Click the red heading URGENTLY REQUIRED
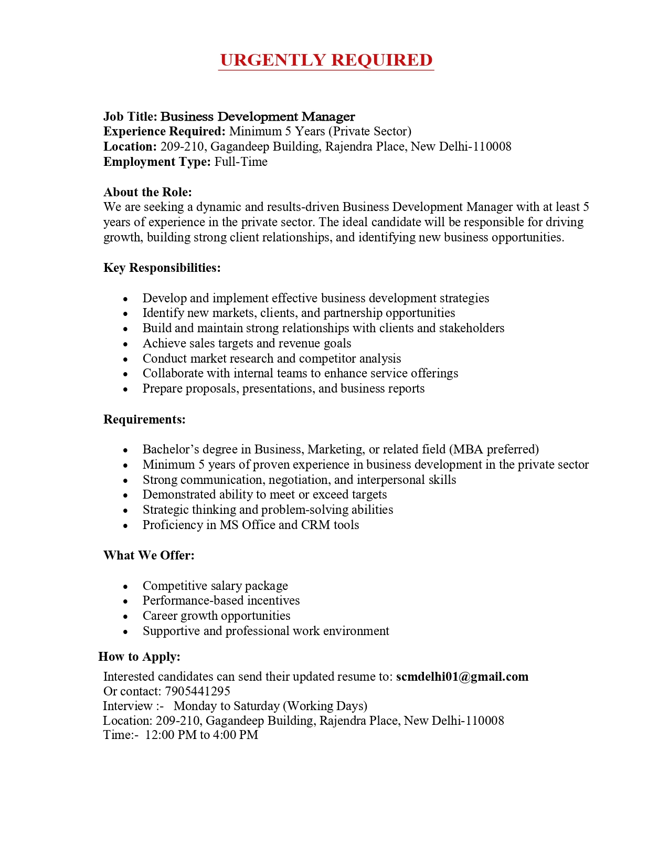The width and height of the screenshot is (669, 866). tap(326, 60)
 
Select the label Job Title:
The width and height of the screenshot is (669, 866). tap(130, 117)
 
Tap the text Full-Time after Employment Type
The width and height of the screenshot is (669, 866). tap(241, 162)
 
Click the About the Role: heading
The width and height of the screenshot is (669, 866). tap(147, 192)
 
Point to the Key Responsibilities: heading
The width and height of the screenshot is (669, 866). tap(162, 268)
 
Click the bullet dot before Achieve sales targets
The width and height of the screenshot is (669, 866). tap(125, 344)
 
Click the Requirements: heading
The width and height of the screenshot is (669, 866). tap(144, 419)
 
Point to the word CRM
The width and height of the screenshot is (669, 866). tap(315, 525)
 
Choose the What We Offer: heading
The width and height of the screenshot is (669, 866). tap(148, 555)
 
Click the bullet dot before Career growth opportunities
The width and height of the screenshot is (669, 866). tap(125, 617)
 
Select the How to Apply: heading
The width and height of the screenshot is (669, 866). tap(139, 657)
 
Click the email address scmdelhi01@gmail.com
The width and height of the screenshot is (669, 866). tap(462, 677)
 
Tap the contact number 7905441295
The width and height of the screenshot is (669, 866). tap(197, 691)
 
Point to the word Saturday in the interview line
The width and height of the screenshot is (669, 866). tap(256, 706)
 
